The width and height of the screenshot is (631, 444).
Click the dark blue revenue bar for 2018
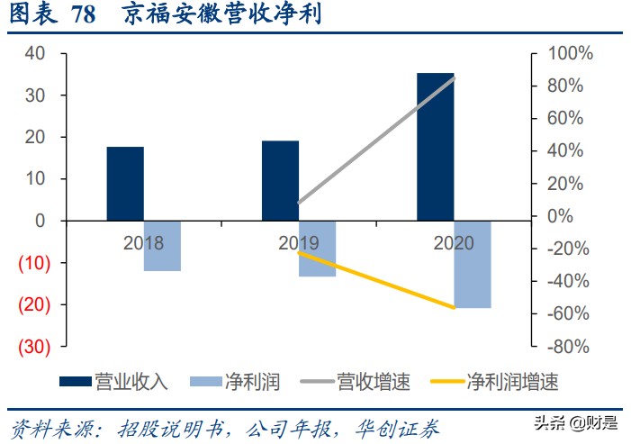125,184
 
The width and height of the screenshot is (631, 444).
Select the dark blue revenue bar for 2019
280,180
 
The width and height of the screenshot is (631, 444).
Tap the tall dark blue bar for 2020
435,146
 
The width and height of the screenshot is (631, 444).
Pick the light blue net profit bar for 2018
162,246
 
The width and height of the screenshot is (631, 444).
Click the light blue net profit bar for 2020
473,264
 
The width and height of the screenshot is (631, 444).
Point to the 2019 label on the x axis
299,243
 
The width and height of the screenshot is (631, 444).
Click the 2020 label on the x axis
454,243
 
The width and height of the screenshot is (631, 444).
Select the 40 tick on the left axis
35,54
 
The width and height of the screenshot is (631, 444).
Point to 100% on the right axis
569,54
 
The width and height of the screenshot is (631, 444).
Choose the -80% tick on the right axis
569,347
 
